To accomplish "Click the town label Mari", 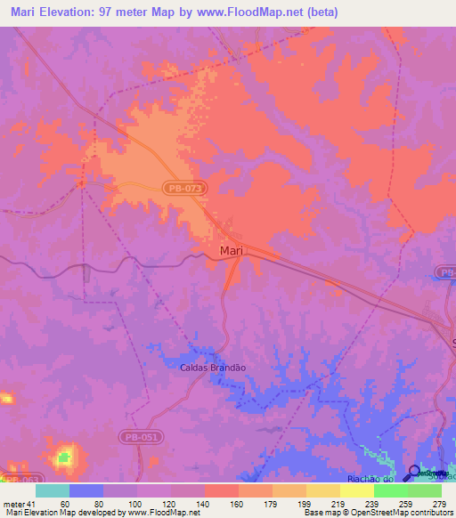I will (231, 252).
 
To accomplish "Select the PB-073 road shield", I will (185, 189).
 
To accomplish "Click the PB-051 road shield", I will (134, 437).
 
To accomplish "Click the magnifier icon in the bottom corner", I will (414, 473).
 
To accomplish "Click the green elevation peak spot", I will (64, 459).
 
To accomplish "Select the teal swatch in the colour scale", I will (53, 490).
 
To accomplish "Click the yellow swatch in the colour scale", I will (356, 490).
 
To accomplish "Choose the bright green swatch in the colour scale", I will (390, 490).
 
